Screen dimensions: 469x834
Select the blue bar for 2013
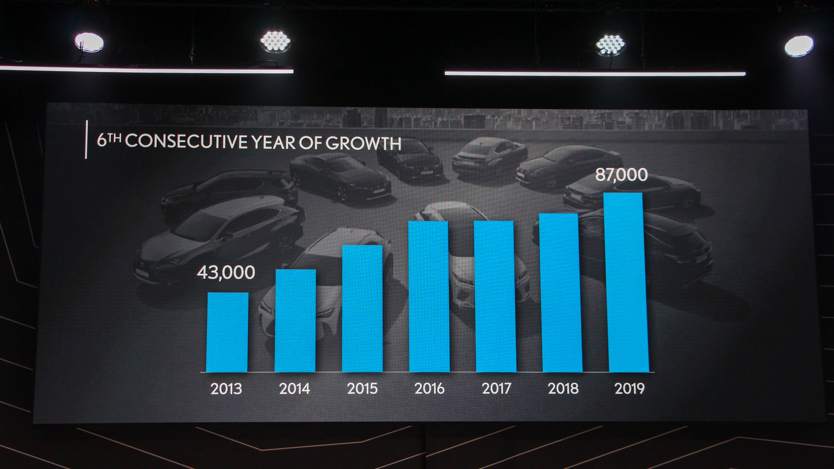(x=227, y=332)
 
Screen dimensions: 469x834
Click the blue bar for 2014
(x=295, y=320)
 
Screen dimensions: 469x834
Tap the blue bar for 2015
(x=362, y=308)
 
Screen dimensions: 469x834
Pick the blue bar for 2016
(x=429, y=296)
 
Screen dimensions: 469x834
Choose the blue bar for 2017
(x=495, y=296)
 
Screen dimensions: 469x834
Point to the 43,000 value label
(x=226, y=273)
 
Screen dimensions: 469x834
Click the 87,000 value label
(x=621, y=175)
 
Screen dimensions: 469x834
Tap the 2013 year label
(x=226, y=389)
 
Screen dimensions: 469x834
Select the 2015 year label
(x=362, y=389)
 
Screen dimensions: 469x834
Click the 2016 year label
(x=429, y=389)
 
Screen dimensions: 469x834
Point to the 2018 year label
(x=563, y=389)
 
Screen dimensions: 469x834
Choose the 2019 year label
(x=629, y=389)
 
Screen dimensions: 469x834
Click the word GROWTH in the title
(x=363, y=143)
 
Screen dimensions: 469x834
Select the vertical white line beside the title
(x=86, y=139)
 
